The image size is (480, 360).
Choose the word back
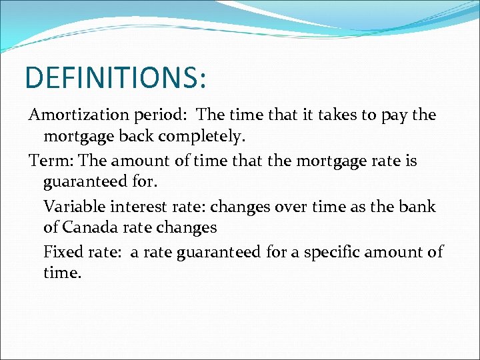(x=138, y=137)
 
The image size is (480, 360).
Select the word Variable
(x=73, y=206)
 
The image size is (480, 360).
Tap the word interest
(x=136, y=206)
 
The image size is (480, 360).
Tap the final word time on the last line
(x=61, y=273)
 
